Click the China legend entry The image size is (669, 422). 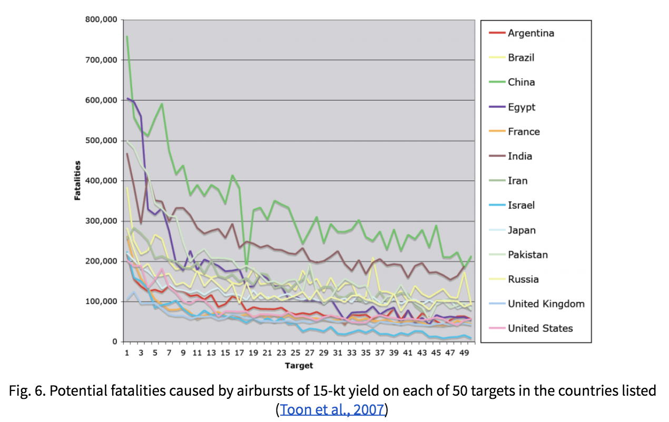tap(521, 82)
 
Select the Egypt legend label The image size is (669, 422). tap(522, 107)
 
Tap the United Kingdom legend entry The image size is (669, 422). tap(546, 304)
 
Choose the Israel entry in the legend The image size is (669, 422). tap(521, 205)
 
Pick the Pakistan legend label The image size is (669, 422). tap(528, 255)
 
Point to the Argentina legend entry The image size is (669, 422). tap(530, 33)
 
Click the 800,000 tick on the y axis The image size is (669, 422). tap(101, 20)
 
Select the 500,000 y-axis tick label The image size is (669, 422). tap(101, 140)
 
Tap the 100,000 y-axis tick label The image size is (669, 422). tap(101, 302)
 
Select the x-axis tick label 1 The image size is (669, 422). tap(127, 353)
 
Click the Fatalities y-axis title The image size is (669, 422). tap(77, 180)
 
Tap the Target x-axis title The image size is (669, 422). tap(299, 365)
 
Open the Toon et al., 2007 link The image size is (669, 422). tap(332, 409)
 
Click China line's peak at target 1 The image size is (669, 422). tap(127, 36)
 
